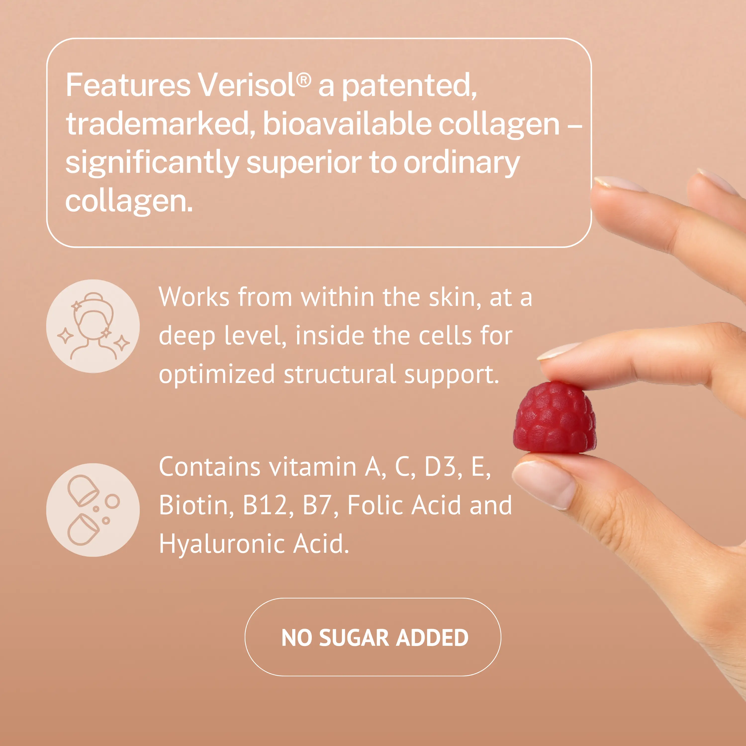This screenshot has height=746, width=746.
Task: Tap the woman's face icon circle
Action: pos(93,326)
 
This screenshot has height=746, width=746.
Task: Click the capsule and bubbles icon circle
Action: pos(93,510)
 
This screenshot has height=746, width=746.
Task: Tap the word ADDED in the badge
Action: pos(432,638)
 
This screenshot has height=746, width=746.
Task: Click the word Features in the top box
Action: pos(128,85)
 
